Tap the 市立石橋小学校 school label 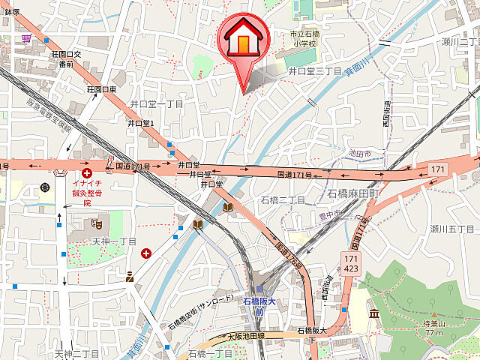[304, 38]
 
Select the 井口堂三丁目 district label [315, 70]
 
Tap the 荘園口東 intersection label [102, 89]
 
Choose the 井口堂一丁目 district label [156, 103]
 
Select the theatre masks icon [96, 223]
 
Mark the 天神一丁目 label [114, 241]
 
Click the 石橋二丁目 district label [283, 200]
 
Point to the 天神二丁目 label [76, 352]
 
